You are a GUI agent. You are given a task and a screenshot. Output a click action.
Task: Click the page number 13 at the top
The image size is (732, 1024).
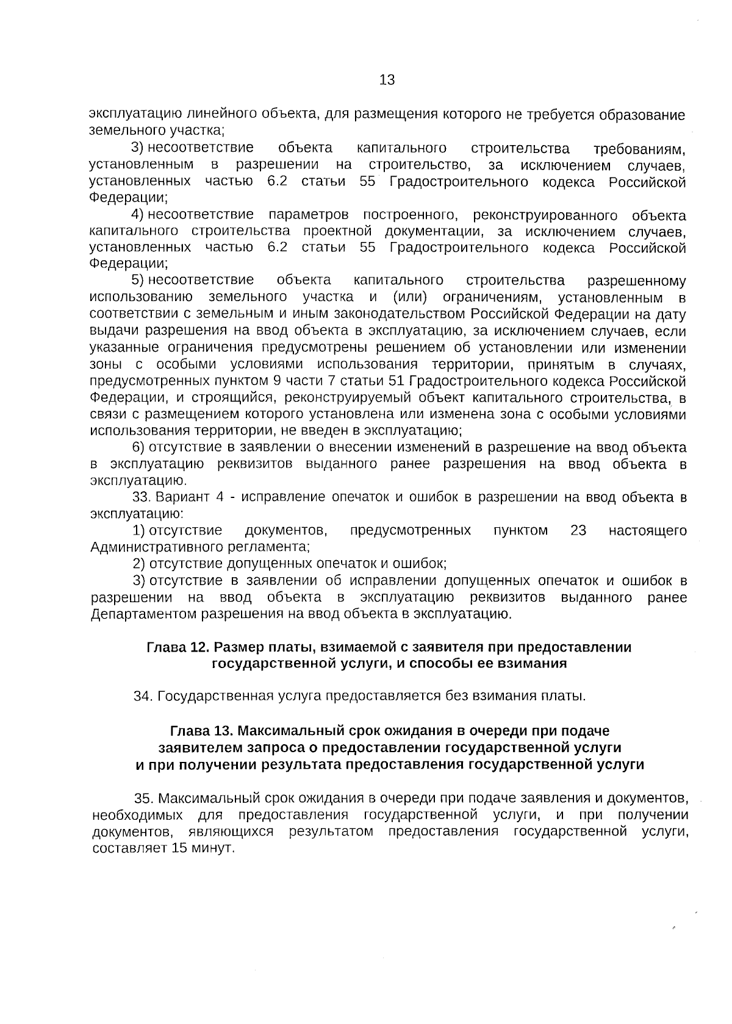[x=387, y=80]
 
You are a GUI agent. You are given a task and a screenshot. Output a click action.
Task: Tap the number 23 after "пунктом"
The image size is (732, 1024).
[x=578, y=530]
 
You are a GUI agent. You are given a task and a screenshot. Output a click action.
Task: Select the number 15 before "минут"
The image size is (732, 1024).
[x=180, y=848]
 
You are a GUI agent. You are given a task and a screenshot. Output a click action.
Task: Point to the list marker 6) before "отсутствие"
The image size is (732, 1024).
[x=138, y=447]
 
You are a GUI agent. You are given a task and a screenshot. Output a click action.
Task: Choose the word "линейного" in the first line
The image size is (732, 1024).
[x=214, y=115]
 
